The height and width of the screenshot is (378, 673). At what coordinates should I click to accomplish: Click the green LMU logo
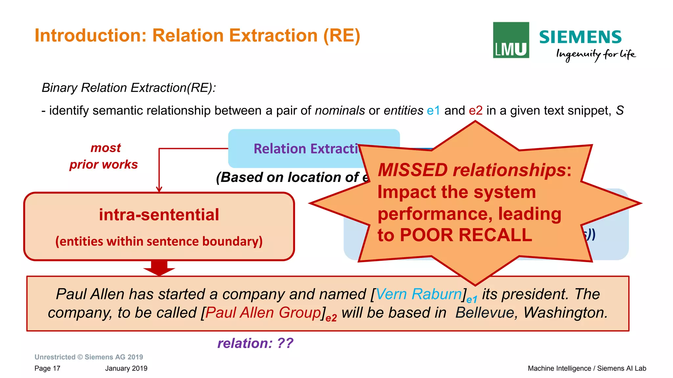click(x=511, y=40)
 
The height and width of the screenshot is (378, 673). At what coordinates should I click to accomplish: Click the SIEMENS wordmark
click(x=580, y=37)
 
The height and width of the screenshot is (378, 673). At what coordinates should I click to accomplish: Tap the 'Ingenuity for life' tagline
click(x=596, y=55)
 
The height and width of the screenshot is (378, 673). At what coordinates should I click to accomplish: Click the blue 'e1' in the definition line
click(x=433, y=111)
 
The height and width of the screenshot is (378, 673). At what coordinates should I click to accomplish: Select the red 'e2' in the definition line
click(x=476, y=111)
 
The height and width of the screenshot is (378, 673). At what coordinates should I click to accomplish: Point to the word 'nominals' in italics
click(x=340, y=111)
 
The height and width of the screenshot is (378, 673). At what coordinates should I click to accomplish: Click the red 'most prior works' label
click(x=104, y=156)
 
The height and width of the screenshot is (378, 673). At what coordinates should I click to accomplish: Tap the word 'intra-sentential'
click(x=159, y=215)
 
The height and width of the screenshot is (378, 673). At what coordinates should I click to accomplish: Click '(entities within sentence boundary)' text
click(x=159, y=241)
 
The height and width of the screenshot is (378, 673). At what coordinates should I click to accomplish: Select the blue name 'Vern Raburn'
click(x=419, y=294)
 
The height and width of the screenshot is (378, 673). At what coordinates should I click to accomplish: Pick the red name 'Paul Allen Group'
click(x=263, y=313)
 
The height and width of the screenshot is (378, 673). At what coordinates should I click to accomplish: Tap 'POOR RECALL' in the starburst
click(x=466, y=235)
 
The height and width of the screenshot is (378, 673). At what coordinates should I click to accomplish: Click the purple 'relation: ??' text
click(x=255, y=343)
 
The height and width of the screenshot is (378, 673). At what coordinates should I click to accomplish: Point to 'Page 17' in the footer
click(x=47, y=368)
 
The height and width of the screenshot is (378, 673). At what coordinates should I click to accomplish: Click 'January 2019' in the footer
click(x=126, y=368)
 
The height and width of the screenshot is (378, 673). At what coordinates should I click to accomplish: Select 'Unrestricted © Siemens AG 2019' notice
click(x=89, y=357)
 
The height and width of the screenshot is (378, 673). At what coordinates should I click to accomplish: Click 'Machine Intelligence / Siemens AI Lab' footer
click(x=587, y=368)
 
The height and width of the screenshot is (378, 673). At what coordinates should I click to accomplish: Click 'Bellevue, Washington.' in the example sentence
click(x=531, y=313)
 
